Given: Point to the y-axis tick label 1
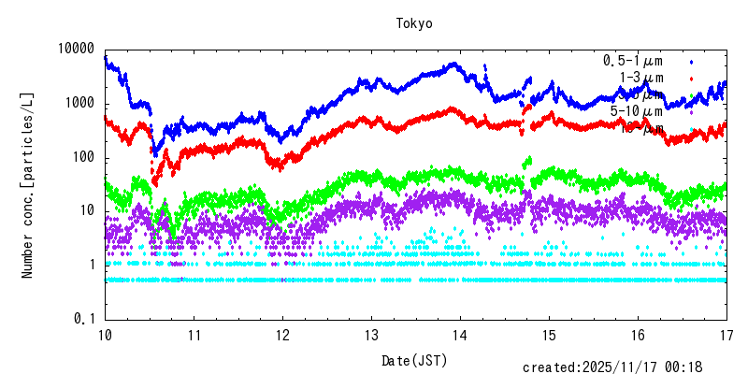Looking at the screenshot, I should coord(93,266).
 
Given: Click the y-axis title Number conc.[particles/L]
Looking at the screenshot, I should coord(29,184).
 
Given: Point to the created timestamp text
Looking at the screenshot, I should coord(612,367).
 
